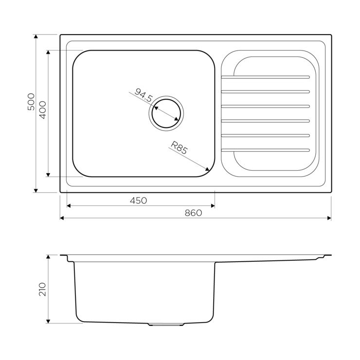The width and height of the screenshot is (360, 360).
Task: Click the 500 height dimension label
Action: pos(31,102)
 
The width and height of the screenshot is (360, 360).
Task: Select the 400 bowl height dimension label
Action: pos(43,110)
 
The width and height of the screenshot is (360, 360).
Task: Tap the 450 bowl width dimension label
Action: pos(138,200)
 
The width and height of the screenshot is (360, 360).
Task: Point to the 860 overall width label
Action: pos(194,213)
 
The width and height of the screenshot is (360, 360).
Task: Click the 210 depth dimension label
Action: pos(43,289)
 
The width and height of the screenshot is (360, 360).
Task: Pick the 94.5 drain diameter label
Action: pos(143,95)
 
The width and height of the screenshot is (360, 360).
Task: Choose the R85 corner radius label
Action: pos(180,147)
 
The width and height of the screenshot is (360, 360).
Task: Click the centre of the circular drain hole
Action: pos(166,113)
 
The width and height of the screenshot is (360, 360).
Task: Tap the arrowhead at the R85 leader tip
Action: pos(207,169)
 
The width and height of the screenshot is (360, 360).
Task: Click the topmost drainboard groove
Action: pos(266,77)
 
